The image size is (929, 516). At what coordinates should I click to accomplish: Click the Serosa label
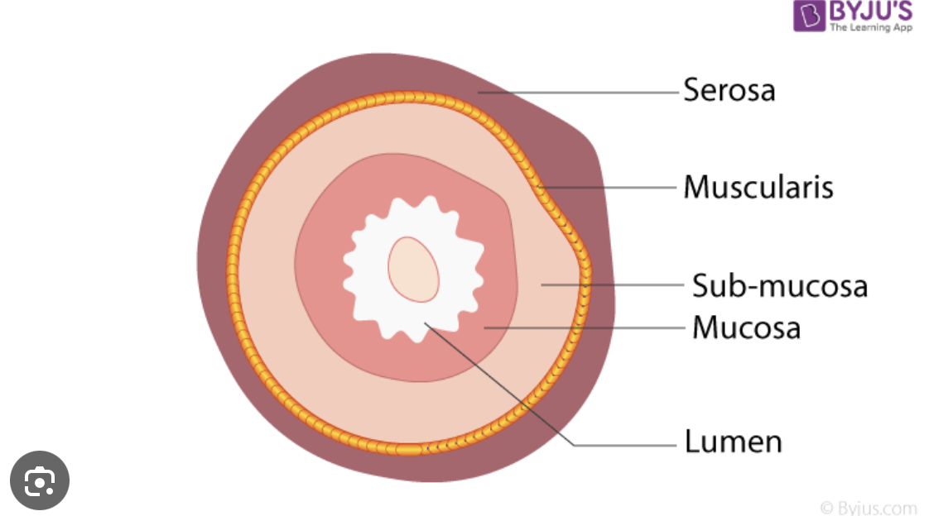(729, 89)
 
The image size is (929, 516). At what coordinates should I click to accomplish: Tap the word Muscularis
(758, 188)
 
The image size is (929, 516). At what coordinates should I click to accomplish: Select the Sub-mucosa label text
(779, 286)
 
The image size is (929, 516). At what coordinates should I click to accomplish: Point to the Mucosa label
(746, 327)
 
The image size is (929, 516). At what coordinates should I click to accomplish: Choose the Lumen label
(733, 441)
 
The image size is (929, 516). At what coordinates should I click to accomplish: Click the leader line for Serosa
(580, 93)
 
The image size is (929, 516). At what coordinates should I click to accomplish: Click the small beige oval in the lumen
(413, 269)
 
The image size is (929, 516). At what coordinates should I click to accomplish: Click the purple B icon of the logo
(809, 17)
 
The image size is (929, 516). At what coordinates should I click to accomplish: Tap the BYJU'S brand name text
(870, 11)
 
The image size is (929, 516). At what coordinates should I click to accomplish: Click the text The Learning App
(870, 27)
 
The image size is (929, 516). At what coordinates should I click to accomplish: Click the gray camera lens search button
(39, 480)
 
